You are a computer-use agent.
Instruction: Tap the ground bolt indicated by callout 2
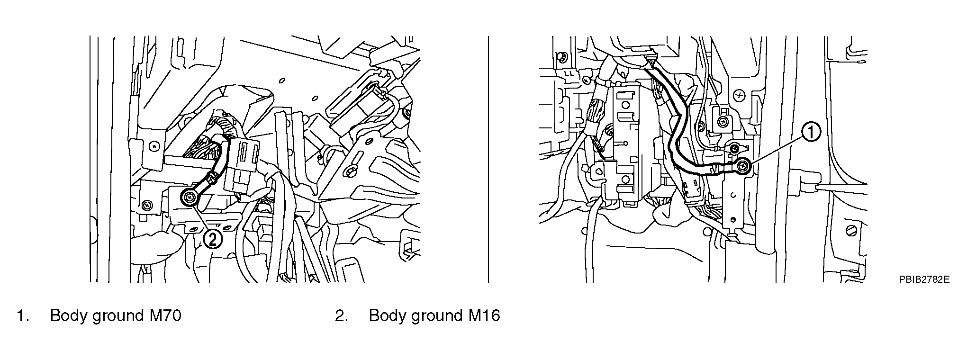190,197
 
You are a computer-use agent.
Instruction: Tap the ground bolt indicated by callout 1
743,165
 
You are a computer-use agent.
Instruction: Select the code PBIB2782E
924,293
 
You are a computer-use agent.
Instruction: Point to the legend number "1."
23,315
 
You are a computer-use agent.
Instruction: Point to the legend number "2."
342,315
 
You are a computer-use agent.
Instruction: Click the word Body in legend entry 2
388,315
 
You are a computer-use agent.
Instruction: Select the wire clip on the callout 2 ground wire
212,178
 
